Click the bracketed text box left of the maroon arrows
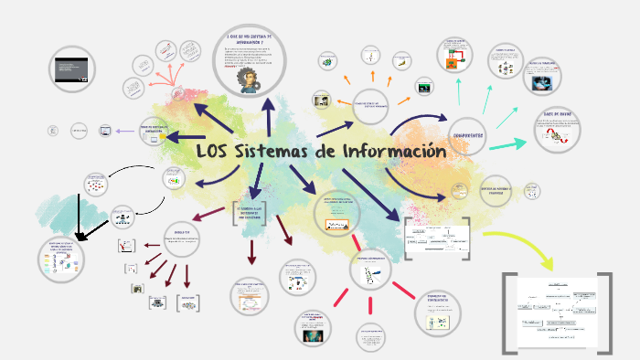click(250, 211)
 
